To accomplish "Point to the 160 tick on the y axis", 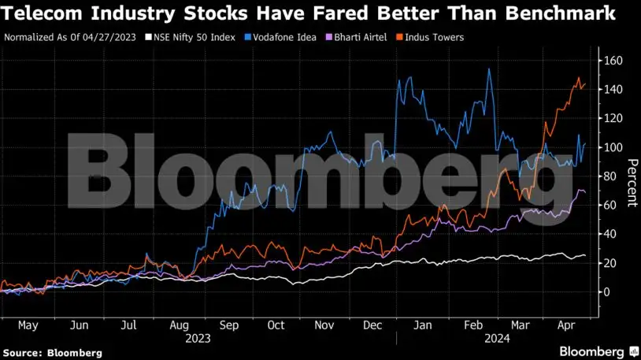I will [x=613, y=61].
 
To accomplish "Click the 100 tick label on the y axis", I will [x=613, y=147].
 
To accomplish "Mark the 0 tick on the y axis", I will [x=607, y=291].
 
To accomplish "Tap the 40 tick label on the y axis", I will [x=610, y=234].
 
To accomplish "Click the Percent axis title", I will [x=631, y=183].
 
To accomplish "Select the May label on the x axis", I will [x=28, y=325].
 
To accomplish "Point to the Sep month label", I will [x=228, y=325].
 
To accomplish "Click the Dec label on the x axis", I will [x=373, y=325].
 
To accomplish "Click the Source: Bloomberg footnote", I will [x=52, y=353].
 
